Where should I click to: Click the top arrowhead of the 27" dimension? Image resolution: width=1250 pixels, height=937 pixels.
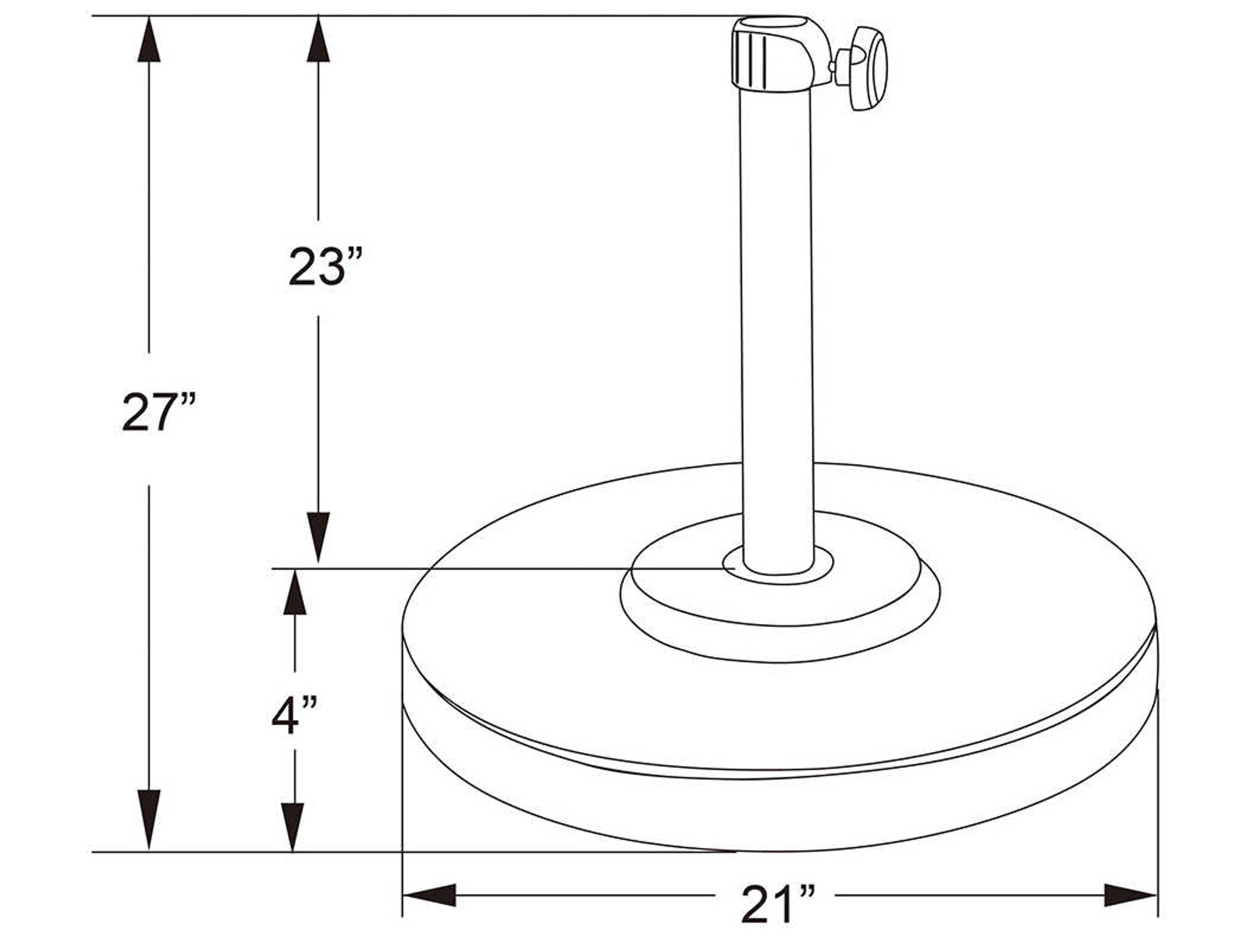(149, 40)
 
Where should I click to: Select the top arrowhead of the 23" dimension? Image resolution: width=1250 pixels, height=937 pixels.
(318, 40)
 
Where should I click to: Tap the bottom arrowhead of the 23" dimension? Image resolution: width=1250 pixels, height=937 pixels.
(318, 536)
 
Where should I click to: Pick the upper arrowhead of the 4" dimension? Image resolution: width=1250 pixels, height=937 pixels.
(294, 593)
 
